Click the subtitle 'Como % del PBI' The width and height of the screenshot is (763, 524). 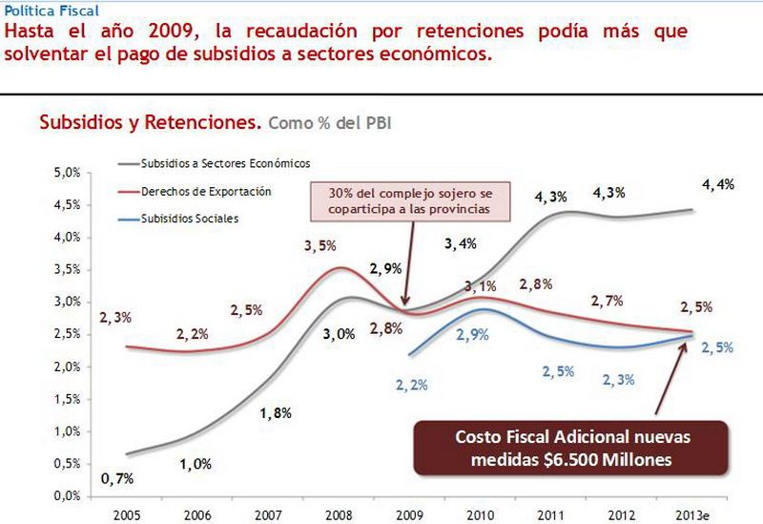[330, 123]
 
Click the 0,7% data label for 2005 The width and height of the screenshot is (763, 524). [116, 477]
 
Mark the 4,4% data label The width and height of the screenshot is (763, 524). [717, 185]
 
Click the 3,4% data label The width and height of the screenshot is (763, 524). [462, 245]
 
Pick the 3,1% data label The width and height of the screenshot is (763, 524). [480, 286]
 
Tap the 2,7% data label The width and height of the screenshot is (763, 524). [607, 301]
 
